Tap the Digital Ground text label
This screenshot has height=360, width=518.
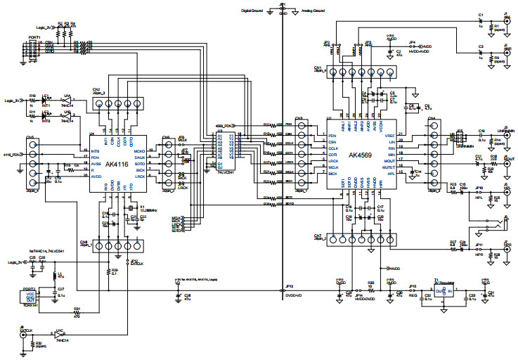(x=256, y=11)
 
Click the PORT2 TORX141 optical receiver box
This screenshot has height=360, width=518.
(x=30, y=297)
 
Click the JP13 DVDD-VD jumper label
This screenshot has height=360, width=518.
(x=288, y=288)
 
